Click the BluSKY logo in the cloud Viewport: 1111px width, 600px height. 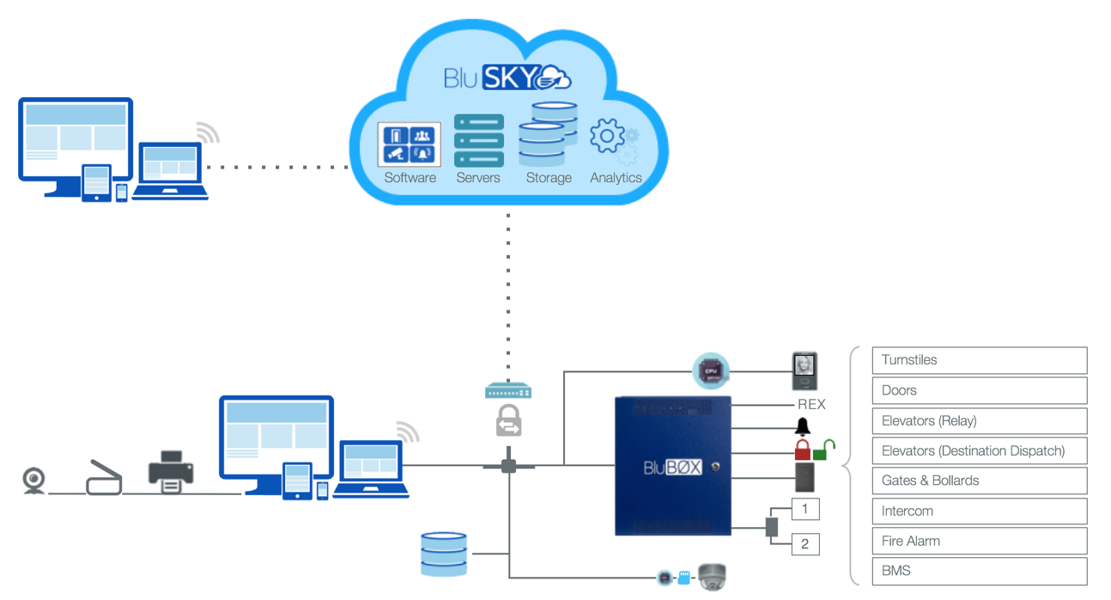pyautogui.click(x=507, y=77)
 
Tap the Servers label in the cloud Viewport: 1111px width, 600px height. pyautogui.click(x=478, y=178)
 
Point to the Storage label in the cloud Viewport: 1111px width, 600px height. pyautogui.click(x=549, y=178)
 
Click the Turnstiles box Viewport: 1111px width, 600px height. pyautogui.click(x=980, y=360)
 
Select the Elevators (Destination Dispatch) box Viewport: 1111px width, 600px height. pyautogui.click(x=980, y=450)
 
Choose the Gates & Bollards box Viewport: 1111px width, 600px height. pyautogui.click(x=980, y=481)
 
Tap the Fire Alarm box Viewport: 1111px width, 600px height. pyautogui.click(x=980, y=541)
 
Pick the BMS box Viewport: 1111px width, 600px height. pyautogui.click(x=980, y=571)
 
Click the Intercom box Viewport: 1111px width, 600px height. pyautogui.click(x=980, y=511)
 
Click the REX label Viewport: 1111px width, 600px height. pyautogui.click(x=811, y=404)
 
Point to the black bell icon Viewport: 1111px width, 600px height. pyautogui.click(x=803, y=426)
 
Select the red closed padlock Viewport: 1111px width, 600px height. pyautogui.click(x=802, y=450)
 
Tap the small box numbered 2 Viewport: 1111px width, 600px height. pyautogui.click(x=804, y=543)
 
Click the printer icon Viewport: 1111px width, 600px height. pyautogui.click(x=171, y=472)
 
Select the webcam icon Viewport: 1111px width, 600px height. pyautogui.click(x=33, y=481)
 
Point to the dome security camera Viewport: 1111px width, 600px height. pyautogui.click(x=713, y=577)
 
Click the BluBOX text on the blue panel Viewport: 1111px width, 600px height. pyautogui.click(x=673, y=468)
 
